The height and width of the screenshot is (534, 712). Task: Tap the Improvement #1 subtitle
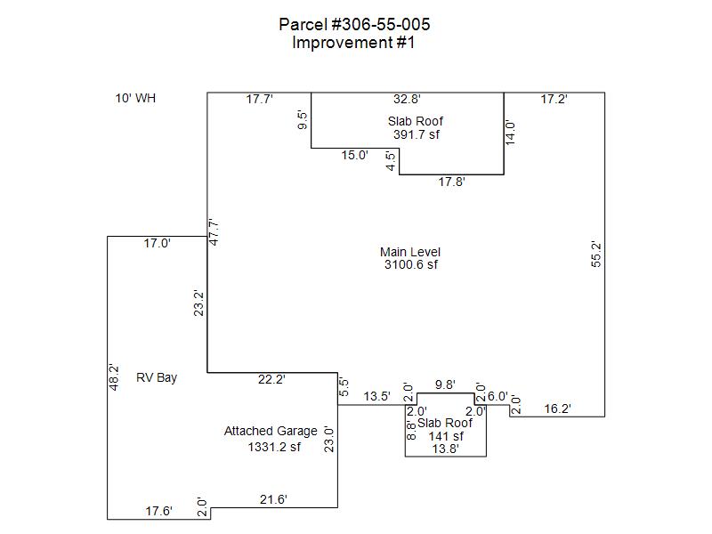(x=353, y=42)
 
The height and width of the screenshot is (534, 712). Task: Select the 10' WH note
(x=135, y=98)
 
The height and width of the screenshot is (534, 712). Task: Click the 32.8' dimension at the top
(x=408, y=100)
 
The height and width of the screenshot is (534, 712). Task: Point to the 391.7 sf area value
(x=417, y=134)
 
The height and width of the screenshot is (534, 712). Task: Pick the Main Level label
(x=410, y=252)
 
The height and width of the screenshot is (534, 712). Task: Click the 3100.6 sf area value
(x=410, y=264)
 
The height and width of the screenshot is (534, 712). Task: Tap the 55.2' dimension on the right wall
(x=597, y=255)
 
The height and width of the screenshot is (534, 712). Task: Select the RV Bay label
(x=157, y=377)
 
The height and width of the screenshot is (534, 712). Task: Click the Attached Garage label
(x=271, y=431)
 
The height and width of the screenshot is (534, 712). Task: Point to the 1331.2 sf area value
(x=274, y=447)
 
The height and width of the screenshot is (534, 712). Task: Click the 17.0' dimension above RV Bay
(x=157, y=242)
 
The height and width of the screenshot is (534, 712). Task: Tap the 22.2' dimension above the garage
(x=271, y=379)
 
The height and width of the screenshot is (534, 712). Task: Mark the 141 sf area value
(x=446, y=436)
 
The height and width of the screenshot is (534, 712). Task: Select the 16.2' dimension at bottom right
(x=556, y=409)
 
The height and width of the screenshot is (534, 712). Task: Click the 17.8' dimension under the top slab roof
(x=452, y=182)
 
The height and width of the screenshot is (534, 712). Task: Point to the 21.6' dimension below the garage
(x=273, y=500)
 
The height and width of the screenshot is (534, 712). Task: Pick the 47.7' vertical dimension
(x=214, y=233)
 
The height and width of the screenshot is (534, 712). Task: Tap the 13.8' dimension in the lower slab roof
(x=445, y=449)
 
